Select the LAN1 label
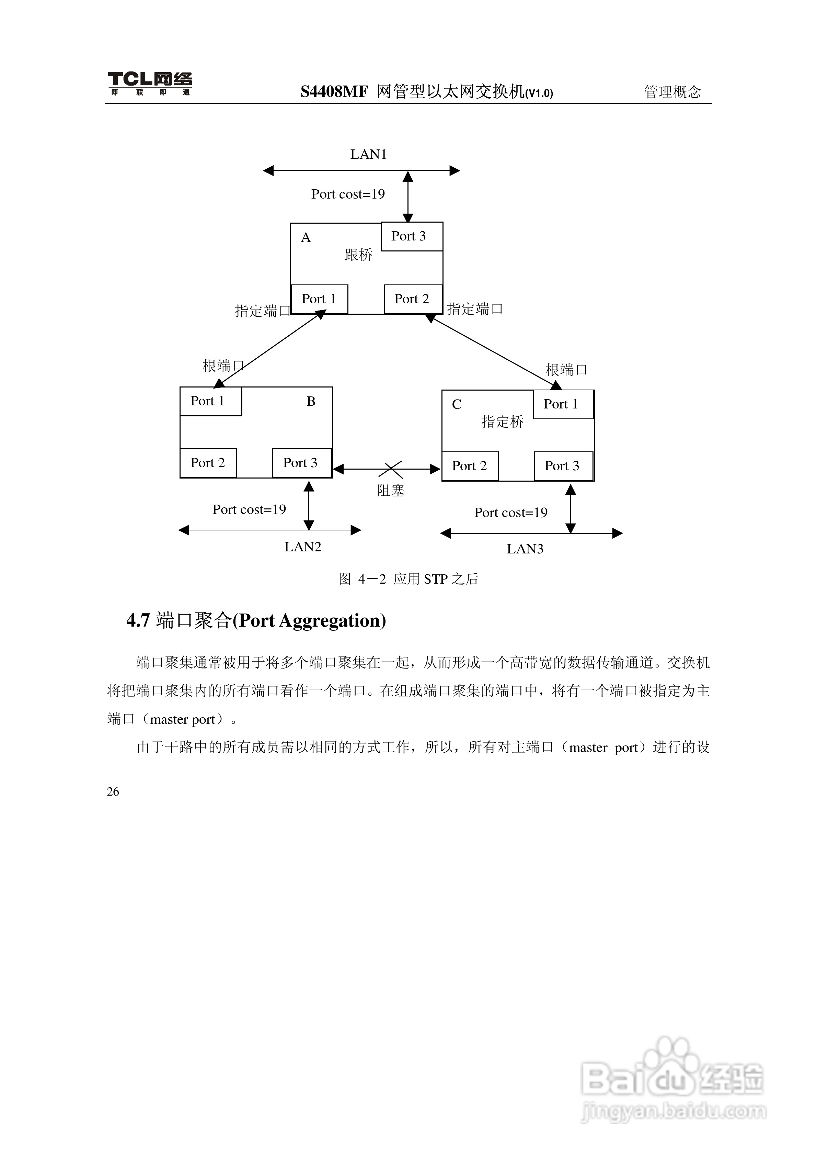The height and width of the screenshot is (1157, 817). (368, 154)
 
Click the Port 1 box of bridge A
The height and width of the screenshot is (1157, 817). (319, 299)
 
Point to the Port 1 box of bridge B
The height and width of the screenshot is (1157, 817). (210, 402)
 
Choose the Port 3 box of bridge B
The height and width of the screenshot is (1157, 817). (301, 463)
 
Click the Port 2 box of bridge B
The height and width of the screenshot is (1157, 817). (208, 463)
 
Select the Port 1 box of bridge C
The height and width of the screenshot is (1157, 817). (563, 404)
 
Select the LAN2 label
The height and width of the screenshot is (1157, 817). (303, 547)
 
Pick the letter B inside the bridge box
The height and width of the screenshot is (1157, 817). (311, 402)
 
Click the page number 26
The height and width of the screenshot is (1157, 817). (113, 791)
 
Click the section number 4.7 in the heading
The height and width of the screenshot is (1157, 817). (138, 620)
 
